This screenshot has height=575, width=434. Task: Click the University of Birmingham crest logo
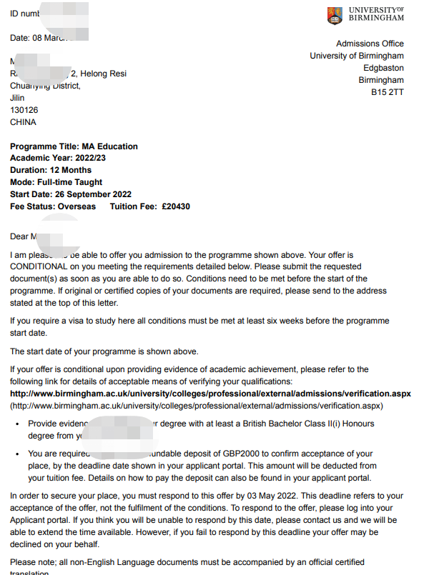tap(334, 15)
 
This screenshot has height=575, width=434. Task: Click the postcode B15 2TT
tap(387, 93)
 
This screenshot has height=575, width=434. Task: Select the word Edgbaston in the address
tap(383, 69)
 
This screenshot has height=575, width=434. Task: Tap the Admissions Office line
tap(370, 44)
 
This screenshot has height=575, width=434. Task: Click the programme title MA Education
tap(111, 146)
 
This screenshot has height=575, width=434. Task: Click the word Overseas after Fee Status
tap(76, 206)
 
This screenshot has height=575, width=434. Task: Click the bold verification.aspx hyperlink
tap(210, 394)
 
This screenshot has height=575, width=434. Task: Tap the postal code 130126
tap(24, 110)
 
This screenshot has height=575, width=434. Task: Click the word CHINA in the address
tap(23, 122)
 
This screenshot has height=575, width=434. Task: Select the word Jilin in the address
tap(17, 98)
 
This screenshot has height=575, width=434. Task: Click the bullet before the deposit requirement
tap(17, 454)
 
